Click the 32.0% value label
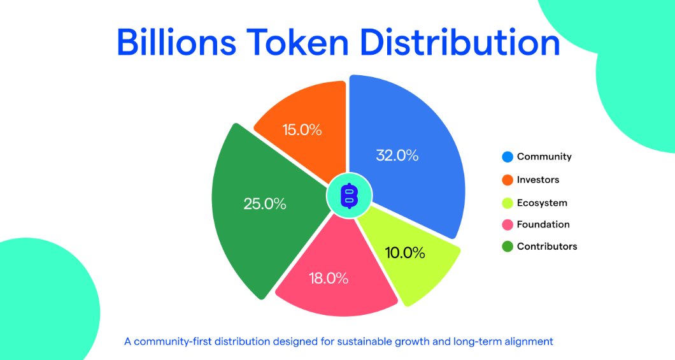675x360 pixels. [397, 155]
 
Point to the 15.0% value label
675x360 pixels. [302, 129]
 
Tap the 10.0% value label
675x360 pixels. [404, 252]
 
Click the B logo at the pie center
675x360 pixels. [349, 196]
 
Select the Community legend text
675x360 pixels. [544, 157]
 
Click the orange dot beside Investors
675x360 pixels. [508, 180]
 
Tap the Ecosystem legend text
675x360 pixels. [542, 203]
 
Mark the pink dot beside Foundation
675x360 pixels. [508, 225]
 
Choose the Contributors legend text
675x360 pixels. [547, 247]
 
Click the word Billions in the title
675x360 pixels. [176, 42]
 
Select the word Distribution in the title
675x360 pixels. [460, 42]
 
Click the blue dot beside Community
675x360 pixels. [508, 157]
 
